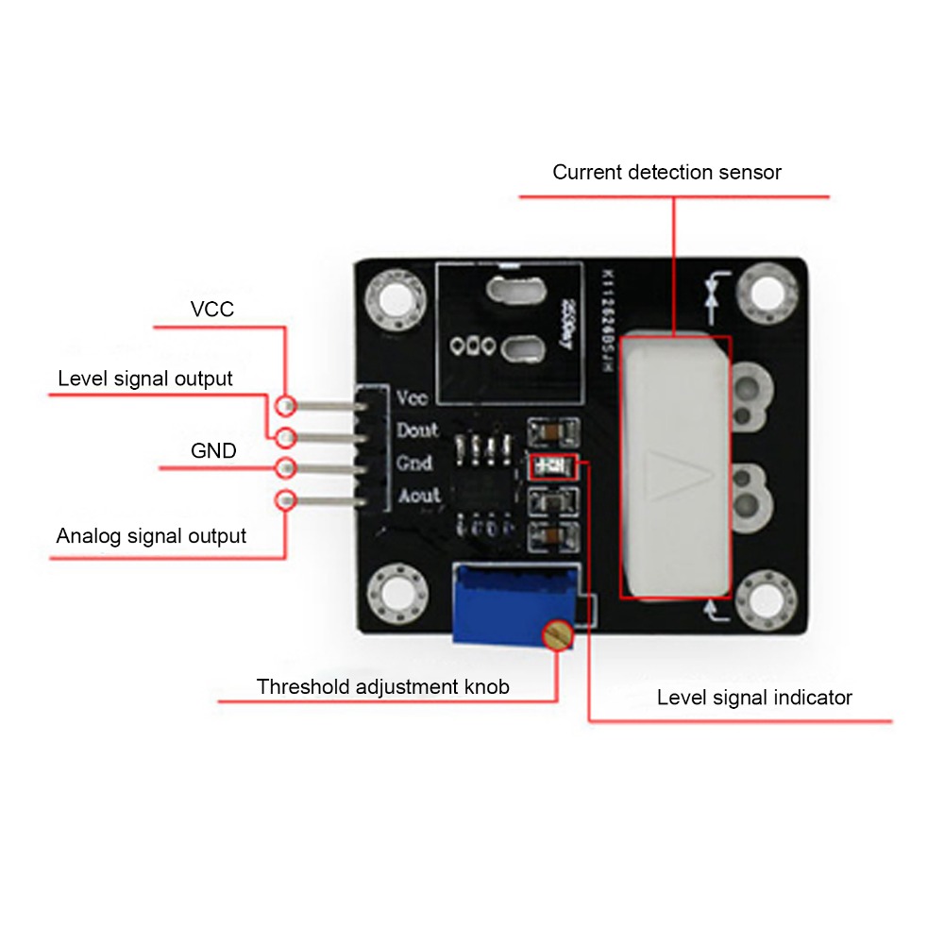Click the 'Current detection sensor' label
(x=666, y=173)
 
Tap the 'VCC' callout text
(x=211, y=310)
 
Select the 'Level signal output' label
(x=144, y=379)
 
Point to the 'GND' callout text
(x=213, y=451)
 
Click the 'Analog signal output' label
(x=151, y=536)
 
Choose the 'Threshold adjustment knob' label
(x=382, y=686)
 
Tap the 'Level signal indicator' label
(x=754, y=698)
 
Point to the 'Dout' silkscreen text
(x=416, y=430)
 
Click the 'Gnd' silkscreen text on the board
(x=414, y=464)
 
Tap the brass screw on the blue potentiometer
(x=557, y=635)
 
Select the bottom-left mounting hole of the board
(x=395, y=595)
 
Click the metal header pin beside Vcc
(x=326, y=406)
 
